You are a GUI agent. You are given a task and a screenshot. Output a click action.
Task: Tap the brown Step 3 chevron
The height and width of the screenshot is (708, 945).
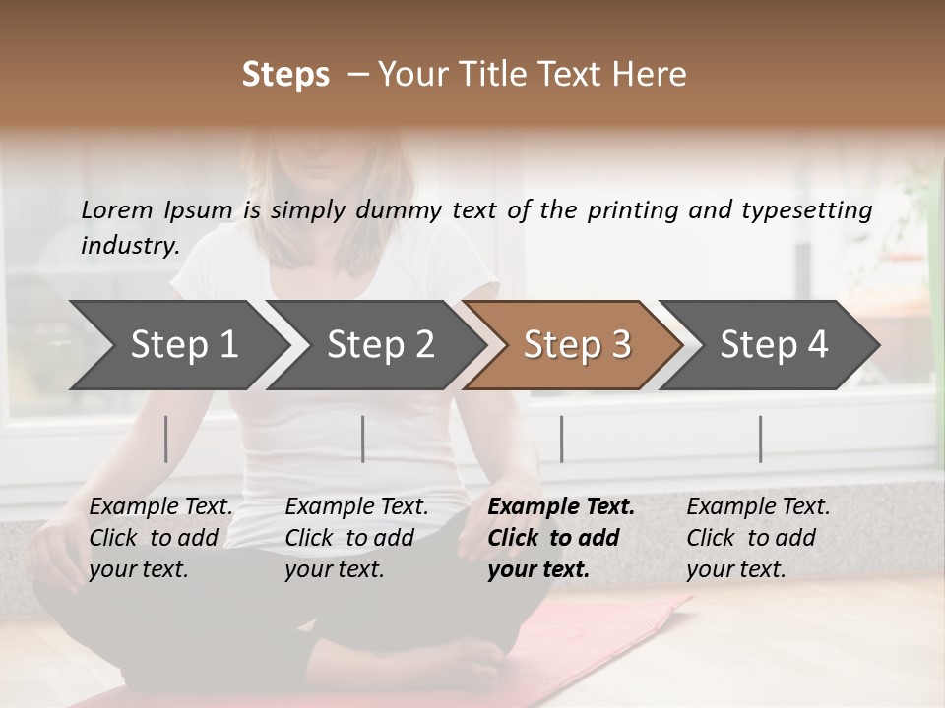[576, 345]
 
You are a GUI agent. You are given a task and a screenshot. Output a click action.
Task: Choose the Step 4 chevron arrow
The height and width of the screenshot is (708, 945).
[773, 345]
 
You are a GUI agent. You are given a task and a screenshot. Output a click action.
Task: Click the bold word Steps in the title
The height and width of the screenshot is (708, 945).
[285, 75]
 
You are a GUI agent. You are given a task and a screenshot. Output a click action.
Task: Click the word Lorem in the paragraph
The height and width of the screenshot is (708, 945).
[117, 210]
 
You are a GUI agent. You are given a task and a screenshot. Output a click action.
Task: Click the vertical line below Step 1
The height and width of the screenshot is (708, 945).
[166, 439]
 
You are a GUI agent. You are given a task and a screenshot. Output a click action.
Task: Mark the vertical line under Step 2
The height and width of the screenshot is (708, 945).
[363, 439]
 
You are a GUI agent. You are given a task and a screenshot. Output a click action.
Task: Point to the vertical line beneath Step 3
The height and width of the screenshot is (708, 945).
[561, 439]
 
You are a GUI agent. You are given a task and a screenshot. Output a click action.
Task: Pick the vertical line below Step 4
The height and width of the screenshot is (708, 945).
[760, 439]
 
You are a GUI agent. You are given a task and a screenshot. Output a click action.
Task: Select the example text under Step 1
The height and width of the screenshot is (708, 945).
[160, 538]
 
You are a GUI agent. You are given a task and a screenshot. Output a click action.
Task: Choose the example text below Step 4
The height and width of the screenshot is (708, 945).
[758, 538]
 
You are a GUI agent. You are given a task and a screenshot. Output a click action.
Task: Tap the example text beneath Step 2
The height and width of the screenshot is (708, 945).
[356, 538]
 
